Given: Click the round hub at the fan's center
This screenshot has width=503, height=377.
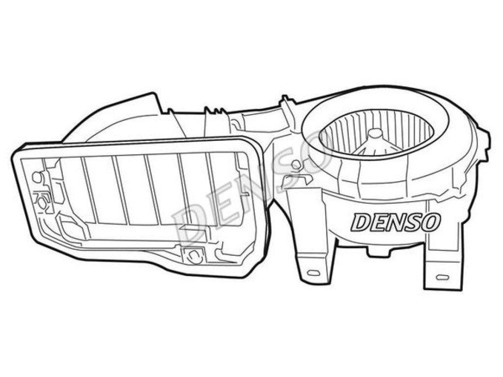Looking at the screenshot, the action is tap(374, 134).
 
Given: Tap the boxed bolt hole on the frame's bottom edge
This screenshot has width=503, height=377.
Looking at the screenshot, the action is tap(193, 255).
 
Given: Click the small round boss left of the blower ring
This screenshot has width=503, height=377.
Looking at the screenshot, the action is tap(295, 164).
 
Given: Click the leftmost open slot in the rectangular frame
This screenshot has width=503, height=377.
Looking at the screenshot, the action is tap(72, 189).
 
